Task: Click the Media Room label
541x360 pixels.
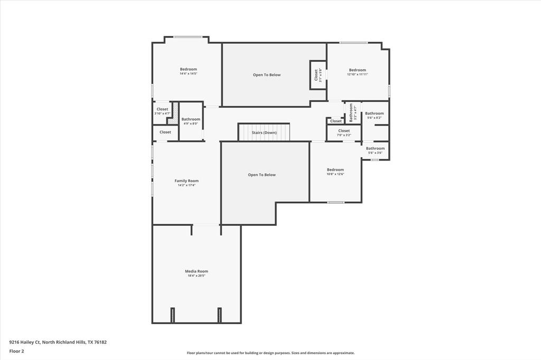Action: point(196,271)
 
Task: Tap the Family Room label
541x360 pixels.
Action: point(186,181)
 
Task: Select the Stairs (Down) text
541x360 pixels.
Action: point(264,132)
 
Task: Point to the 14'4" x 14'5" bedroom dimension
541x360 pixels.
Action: point(188,74)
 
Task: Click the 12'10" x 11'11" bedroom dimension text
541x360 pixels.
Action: point(357,74)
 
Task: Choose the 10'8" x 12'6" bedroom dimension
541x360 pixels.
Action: point(335,174)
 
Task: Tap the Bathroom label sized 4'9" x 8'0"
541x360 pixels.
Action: point(191,119)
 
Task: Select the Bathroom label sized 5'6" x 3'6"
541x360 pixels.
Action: point(375,148)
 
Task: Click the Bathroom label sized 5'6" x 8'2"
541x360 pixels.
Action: point(374,113)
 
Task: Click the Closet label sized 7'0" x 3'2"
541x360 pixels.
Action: point(344,131)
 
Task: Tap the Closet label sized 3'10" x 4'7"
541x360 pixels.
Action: point(162,109)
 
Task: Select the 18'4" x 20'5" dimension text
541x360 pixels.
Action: point(196,276)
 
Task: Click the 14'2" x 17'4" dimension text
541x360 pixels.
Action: point(186,185)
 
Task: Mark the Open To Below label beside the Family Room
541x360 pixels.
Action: point(262,175)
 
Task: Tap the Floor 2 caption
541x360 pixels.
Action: point(16,351)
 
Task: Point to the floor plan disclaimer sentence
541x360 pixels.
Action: point(270,353)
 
